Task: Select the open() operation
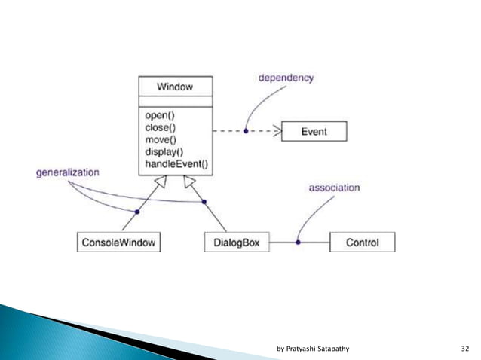click(160, 117)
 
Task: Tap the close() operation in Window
click(161, 127)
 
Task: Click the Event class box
click(314, 131)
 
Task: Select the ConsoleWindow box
click(120, 243)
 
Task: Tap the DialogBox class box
click(236, 243)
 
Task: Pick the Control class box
click(362, 243)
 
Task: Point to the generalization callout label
click(67, 172)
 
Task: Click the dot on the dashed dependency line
click(246, 131)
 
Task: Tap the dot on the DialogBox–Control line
click(298, 243)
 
